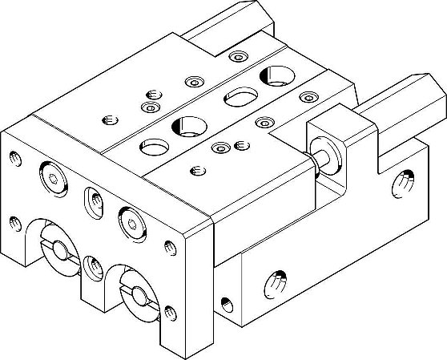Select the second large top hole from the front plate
(x=186, y=124)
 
